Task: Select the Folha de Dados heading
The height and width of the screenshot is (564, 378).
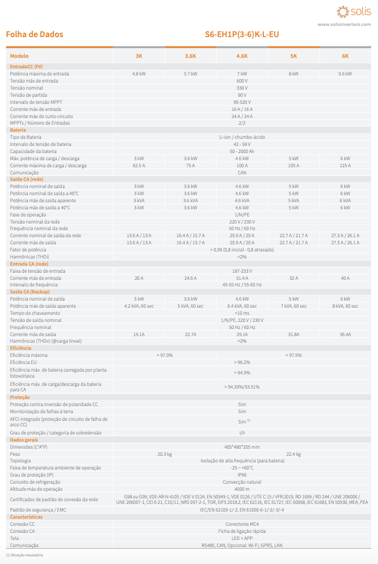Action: [x=34, y=34]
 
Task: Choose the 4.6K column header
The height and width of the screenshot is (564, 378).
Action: [x=242, y=56]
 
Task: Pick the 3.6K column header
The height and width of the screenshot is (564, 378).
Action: [x=191, y=56]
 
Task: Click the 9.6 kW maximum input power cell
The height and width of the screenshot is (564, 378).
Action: [x=345, y=73]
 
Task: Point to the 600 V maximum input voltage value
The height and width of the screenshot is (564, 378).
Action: [x=242, y=80]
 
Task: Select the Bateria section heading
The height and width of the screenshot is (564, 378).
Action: [x=18, y=130]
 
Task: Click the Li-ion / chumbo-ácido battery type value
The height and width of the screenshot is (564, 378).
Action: [x=242, y=137]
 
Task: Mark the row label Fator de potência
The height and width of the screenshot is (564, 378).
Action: [x=27, y=249]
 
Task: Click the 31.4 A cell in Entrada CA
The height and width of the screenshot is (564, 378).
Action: [x=242, y=278]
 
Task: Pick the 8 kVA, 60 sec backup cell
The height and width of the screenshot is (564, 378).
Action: [x=345, y=306]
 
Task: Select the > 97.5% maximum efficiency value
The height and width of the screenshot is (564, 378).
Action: [x=293, y=355]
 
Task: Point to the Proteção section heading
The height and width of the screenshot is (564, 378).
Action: [x=20, y=397]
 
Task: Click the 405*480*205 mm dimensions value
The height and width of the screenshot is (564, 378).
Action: [x=242, y=446]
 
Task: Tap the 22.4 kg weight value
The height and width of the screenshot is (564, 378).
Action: [x=293, y=454]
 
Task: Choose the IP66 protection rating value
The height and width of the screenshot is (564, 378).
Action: [x=242, y=475]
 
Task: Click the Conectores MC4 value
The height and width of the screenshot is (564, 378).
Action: [x=242, y=524]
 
